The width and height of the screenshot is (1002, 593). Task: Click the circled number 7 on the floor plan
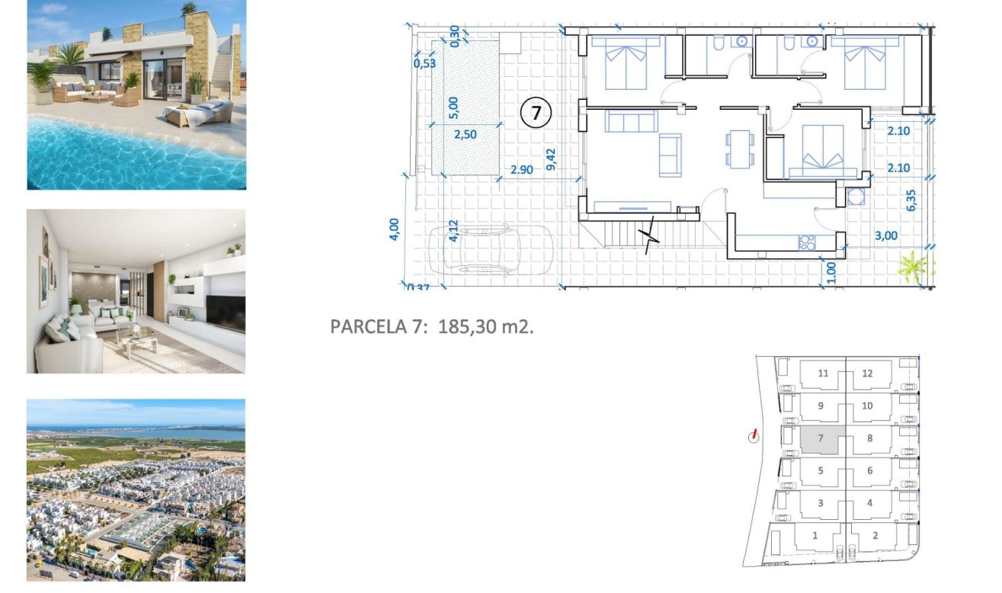(536, 114)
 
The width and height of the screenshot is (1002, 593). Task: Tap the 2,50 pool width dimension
(465, 135)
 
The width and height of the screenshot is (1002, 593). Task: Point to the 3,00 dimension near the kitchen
(886, 236)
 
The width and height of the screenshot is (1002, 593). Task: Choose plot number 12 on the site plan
(867, 373)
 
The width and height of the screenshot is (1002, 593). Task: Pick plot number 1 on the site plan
(815, 536)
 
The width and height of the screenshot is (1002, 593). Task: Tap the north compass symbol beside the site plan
(754, 436)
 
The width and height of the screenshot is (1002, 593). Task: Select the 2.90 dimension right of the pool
(522, 170)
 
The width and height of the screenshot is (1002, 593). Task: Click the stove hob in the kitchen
(805, 243)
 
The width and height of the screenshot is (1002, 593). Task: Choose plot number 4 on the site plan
(869, 503)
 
